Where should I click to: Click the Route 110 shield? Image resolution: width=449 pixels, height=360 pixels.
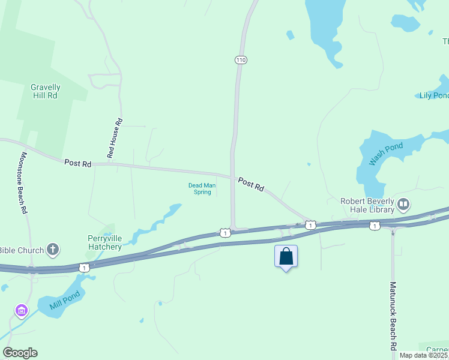[x=241, y=60]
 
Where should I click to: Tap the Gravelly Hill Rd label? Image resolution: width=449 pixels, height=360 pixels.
[x=45, y=91]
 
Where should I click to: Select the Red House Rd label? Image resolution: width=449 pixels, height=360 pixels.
[x=115, y=139]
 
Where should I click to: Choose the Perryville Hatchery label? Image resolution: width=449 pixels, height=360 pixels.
[x=104, y=242]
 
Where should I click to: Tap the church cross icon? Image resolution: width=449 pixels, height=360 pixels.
[x=53, y=250]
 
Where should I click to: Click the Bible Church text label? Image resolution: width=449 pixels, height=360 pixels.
[x=22, y=250]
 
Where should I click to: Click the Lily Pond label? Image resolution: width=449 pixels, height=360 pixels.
[x=433, y=95]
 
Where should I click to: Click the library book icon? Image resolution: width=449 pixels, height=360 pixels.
[x=403, y=205]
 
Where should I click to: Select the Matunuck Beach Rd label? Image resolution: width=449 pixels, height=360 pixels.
[x=393, y=316]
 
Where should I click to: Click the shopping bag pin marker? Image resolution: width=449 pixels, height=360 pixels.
[x=286, y=257]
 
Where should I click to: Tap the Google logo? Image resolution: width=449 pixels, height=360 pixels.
[x=20, y=353]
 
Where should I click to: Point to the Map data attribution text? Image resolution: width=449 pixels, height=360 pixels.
[x=424, y=355]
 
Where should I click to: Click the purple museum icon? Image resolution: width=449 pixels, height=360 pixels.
[x=22, y=311]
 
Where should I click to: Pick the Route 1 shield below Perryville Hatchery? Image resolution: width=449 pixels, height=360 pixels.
[x=85, y=268]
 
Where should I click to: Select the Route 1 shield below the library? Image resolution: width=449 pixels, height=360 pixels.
[x=375, y=226]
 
